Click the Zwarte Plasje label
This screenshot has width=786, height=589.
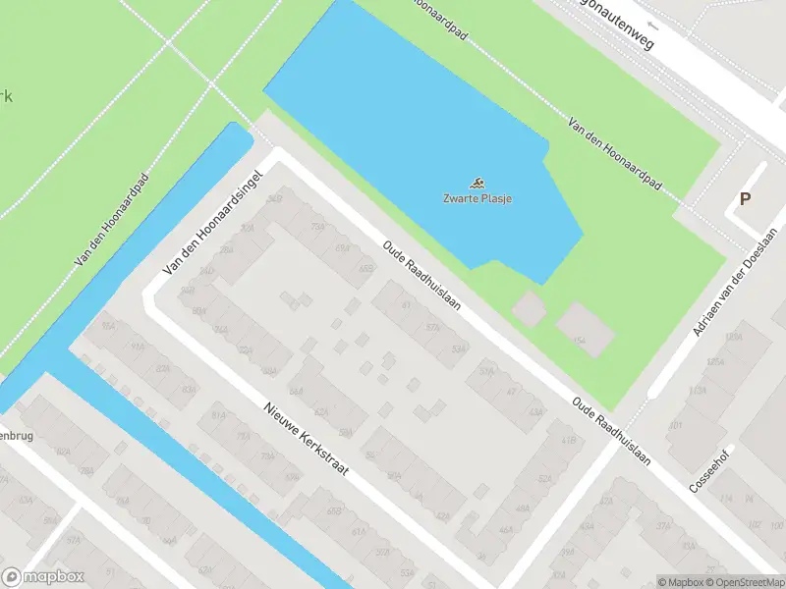477,199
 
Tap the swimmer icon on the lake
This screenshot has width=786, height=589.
477,184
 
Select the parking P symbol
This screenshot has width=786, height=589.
745,199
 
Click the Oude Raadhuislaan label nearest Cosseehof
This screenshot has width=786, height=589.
614,431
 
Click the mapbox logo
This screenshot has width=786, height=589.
43,577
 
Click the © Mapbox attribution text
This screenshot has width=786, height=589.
682,582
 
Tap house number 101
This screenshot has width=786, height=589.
676,426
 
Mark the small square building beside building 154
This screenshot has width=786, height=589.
528,308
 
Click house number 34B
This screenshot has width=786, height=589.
275,197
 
